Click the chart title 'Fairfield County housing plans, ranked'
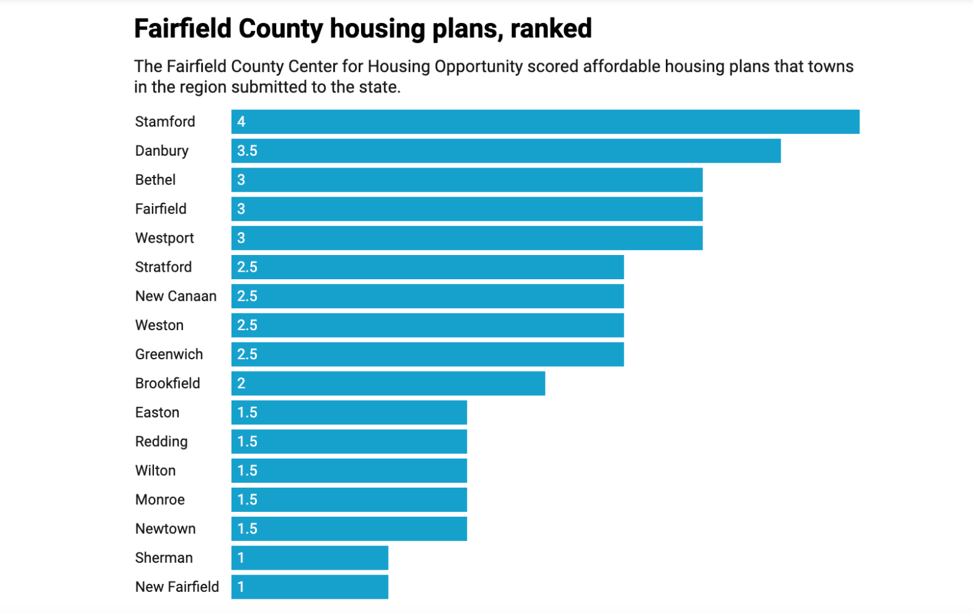[x=363, y=29]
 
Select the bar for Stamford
[x=545, y=122]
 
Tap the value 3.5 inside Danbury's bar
[x=247, y=151]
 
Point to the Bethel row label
[x=155, y=180]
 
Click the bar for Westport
[x=467, y=238]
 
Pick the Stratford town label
[x=163, y=267]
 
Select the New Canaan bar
[x=428, y=297]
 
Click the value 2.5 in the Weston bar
[x=247, y=325]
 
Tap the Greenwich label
[x=169, y=354]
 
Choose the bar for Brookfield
[x=388, y=383]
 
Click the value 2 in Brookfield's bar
[x=241, y=383]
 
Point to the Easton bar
[x=349, y=413]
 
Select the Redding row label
[x=161, y=442]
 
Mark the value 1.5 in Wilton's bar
[x=247, y=471]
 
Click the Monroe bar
[x=349, y=500]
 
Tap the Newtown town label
[x=165, y=529]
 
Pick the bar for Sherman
[x=310, y=558]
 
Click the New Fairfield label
[x=177, y=587]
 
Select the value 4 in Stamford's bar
[x=241, y=122]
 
